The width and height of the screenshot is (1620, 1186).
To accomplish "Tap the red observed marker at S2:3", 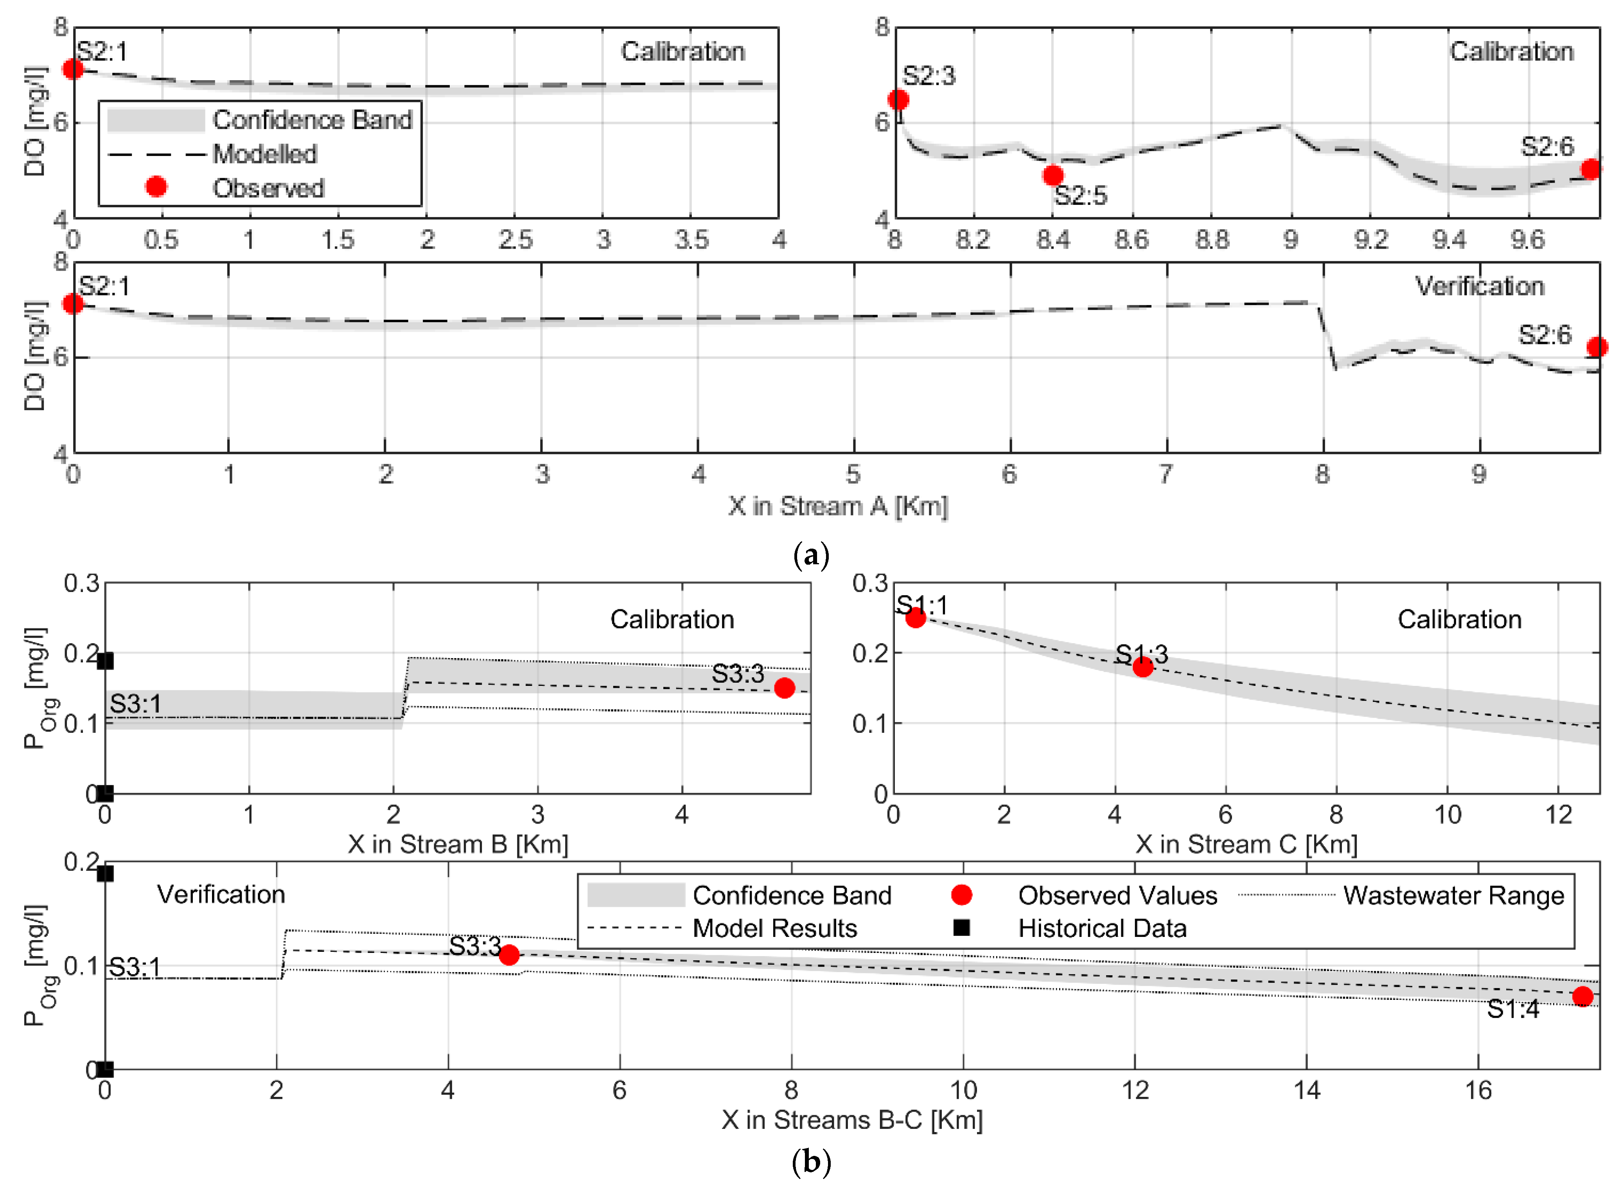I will pyautogui.click(x=898, y=100).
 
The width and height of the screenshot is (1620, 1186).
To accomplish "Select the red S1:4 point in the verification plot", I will pyautogui.click(x=1582, y=996).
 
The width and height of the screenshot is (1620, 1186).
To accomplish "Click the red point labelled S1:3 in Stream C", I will pyautogui.click(x=1142, y=667).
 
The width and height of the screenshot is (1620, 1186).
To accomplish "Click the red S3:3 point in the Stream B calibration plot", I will pyautogui.click(x=784, y=688).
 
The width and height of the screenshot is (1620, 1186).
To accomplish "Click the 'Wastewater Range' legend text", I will pyautogui.click(x=1453, y=895).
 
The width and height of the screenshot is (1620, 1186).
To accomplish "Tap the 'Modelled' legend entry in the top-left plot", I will pyautogui.click(x=264, y=154).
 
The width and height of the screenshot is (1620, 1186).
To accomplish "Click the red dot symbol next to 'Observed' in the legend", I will pyautogui.click(x=156, y=187).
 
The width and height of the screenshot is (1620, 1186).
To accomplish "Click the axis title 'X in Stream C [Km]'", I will pyautogui.click(x=1246, y=843).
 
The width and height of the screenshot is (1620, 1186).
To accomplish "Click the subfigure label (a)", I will pyautogui.click(x=811, y=555).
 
